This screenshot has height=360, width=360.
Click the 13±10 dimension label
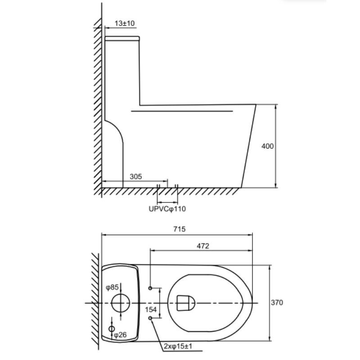click(125, 23)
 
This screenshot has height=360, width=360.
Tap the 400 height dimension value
click(267, 146)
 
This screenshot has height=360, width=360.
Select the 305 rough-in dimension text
click(136, 176)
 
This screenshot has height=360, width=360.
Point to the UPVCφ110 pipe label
click(167, 209)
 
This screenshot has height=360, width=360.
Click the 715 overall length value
click(179, 229)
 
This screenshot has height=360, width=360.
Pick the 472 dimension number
click(203, 246)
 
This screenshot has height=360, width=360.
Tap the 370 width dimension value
click(277, 302)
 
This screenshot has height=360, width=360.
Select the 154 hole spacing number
click(151, 310)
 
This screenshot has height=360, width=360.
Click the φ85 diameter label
click(112, 287)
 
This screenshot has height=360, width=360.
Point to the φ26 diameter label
click(120, 335)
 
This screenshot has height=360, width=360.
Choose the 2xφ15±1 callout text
click(178, 346)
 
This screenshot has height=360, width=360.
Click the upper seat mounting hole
click(150, 288)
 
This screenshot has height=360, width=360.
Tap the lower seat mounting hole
click(150, 318)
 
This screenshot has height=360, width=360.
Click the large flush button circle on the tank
click(121, 303)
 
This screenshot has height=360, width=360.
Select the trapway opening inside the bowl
click(185, 303)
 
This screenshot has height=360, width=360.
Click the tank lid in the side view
click(122, 38)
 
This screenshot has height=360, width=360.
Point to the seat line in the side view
click(182, 111)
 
